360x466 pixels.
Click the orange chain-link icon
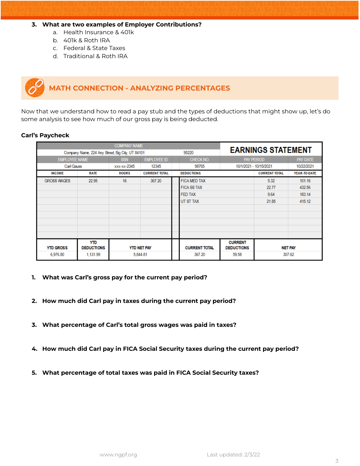(x=35, y=88)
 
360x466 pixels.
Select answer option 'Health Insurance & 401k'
(x=99, y=32)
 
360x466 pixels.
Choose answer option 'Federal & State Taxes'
(x=94, y=48)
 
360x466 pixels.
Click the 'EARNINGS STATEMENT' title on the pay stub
(x=271, y=150)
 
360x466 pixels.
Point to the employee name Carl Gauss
(x=73, y=166)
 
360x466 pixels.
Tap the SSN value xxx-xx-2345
(x=125, y=166)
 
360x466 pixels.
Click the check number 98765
(x=200, y=166)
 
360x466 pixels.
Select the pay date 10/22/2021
(x=305, y=166)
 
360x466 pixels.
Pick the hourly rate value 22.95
(x=93, y=181)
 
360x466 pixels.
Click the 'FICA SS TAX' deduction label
(x=192, y=187)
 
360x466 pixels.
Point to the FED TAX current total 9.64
(x=271, y=194)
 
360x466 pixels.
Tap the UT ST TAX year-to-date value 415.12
(x=305, y=201)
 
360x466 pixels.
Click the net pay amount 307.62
(x=289, y=254)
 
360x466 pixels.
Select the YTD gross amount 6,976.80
(x=57, y=254)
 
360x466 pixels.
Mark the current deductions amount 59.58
(x=237, y=254)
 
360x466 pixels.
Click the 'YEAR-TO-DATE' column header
(x=305, y=173)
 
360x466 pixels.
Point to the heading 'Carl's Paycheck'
(x=45, y=135)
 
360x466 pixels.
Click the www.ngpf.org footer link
(x=118, y=455)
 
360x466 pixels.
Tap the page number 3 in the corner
(x=337, y=461)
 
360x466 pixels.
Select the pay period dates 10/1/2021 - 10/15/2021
(x=254, y=166)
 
